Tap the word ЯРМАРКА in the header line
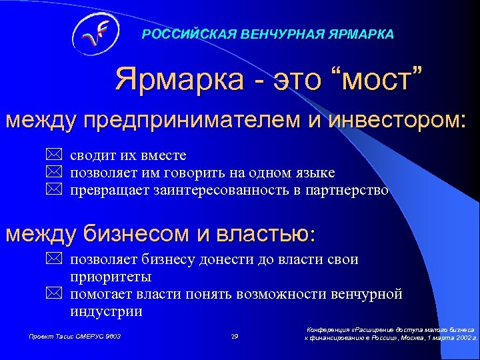pos(361,34)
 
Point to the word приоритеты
pos(110,277)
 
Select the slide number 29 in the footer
pos(234,337)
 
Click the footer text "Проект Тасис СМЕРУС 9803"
pos(75,337)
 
